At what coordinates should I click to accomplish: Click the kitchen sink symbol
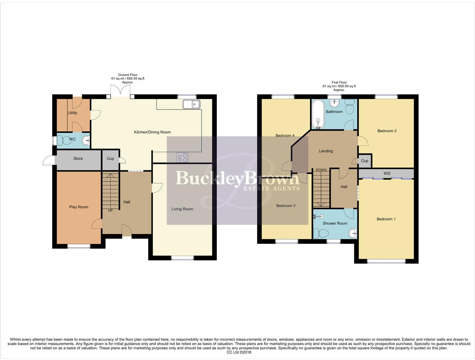191,104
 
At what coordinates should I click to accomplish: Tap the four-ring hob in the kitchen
182,158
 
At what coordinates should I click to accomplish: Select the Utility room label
72,113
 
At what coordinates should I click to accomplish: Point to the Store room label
78,159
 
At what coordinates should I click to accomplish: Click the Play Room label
79,207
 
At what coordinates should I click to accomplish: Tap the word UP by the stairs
110,211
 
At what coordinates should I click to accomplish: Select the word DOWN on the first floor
321,170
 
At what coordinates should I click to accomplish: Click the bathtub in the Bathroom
318,114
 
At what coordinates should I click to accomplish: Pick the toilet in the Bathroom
350,107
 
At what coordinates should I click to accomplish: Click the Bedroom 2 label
387,131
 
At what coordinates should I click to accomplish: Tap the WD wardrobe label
387,174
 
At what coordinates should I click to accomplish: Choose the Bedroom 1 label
386,219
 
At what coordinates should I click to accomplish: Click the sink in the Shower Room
353,234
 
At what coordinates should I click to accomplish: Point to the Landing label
326,151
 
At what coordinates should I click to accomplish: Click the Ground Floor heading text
128,75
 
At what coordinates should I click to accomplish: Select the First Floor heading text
339,83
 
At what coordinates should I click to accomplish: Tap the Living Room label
182,209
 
